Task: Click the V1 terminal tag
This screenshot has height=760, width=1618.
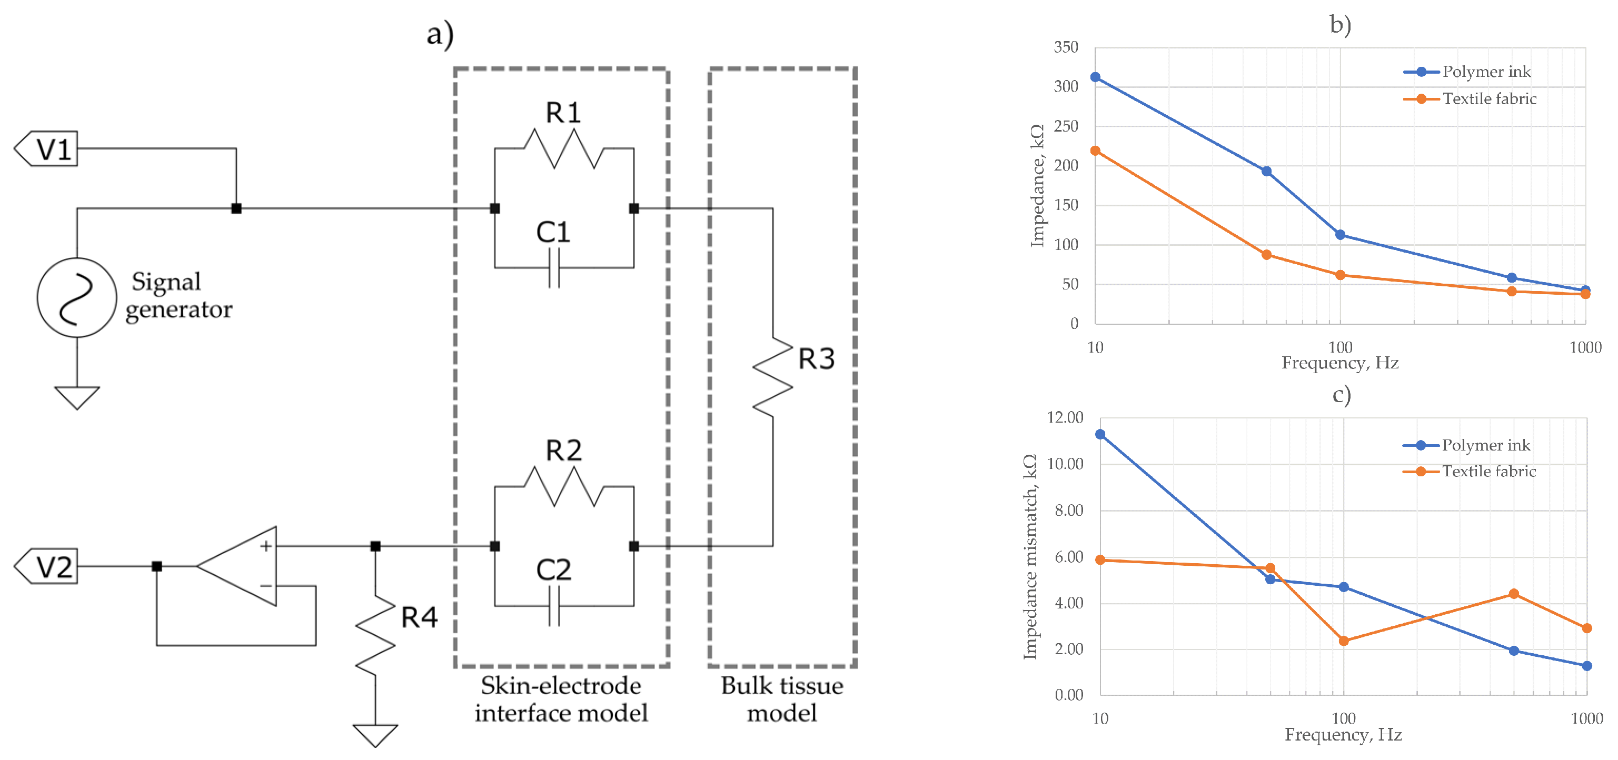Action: coord(47,149)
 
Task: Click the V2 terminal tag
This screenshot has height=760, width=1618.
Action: coord(47,566)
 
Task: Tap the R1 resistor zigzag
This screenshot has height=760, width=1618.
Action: coord(563,149)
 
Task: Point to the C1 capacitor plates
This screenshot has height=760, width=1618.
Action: coord(554,268)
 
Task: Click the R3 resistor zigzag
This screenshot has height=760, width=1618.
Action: coord(772,377)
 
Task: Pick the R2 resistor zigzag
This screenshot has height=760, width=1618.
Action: coord(563,486)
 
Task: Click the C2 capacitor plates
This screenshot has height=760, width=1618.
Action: coord(554,606)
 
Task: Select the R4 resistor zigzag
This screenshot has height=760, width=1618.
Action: coord(375,636)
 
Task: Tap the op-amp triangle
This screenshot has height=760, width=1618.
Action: coord(242,566)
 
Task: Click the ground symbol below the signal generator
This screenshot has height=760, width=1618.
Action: coord(77,397)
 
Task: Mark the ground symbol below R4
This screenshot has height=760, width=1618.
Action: coord(375,735)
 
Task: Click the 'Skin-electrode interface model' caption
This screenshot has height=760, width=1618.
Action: coord(561,699)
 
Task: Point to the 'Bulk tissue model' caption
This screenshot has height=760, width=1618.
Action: coord(782,699)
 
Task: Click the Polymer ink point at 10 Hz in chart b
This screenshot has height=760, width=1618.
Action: coord(1095,77)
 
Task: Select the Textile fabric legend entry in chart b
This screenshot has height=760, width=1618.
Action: coord(1470,98)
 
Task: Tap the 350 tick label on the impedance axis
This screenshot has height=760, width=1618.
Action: coord(1066,47)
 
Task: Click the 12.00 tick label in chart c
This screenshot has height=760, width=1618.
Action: coord(1065,418)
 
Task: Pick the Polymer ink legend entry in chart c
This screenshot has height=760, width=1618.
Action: coord(1467,445)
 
